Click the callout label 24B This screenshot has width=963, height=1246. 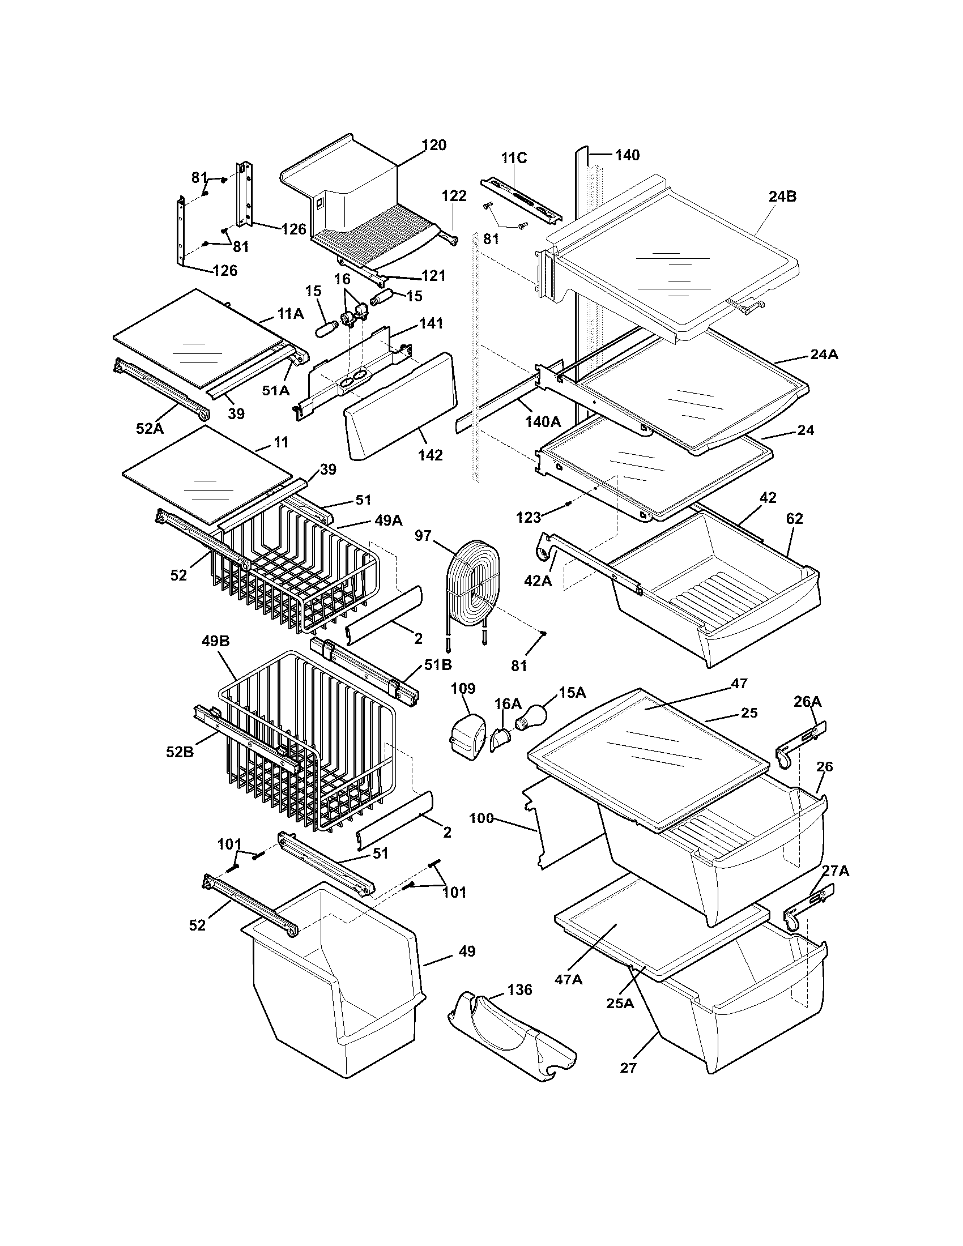782,197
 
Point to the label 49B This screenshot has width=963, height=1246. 216,641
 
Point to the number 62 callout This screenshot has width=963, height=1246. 794,519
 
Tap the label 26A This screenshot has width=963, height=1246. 808,701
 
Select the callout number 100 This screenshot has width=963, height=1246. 482,818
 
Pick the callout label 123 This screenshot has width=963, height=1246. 529,518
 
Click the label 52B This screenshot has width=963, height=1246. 180,752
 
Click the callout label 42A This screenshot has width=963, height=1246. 538,580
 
